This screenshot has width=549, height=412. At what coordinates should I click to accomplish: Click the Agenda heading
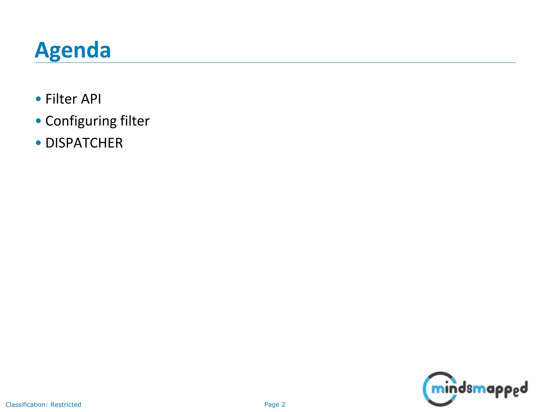[x=73, y=50]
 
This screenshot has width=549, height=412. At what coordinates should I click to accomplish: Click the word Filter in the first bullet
[x=61, y=99]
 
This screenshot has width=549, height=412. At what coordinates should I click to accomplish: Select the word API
[x=91, y=99]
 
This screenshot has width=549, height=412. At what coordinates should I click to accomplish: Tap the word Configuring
[x=81, y=121]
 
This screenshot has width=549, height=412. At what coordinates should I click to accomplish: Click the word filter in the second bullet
[x=135, y=121]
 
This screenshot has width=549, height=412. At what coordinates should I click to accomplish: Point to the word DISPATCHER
[x=84, y=143]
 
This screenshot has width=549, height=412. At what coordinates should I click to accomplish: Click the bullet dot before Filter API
[x=38, y=99]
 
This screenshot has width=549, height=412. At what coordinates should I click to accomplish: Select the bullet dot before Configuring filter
[x=38, y=121]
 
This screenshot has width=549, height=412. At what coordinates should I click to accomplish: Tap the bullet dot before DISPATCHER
[x=38, y=143]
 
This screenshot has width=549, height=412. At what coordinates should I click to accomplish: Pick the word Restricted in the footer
[x=66, y=404]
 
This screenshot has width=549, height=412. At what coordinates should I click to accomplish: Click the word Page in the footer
[x=272, y=404]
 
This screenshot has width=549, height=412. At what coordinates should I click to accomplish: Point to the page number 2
[x=283, y=404]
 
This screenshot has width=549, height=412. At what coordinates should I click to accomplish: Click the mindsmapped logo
[x=475, y=389]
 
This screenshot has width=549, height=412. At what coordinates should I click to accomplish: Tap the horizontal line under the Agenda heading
[x=275, y=63]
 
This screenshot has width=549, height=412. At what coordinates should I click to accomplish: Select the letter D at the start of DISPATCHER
[x=50, y=143]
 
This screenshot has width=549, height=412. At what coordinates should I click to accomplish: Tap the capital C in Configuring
[x=51, y=121]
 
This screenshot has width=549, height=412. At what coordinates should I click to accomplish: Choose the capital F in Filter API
[x=49, y=99]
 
